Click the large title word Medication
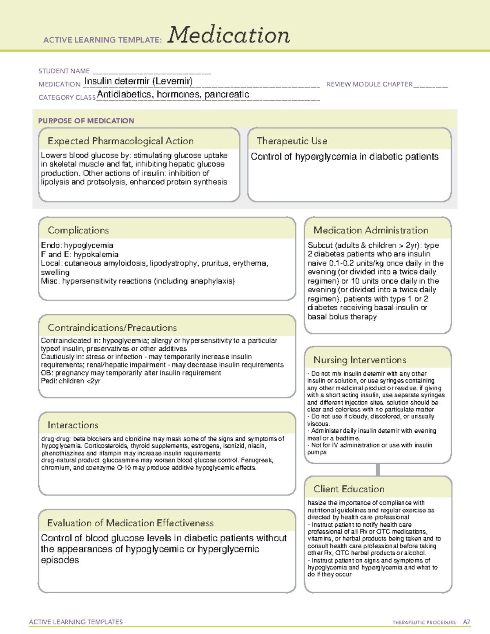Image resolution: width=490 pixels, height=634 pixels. pyautogui.click(x=229, y=35)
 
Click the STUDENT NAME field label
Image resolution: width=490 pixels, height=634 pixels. pyautogui.click(x=64, y=71)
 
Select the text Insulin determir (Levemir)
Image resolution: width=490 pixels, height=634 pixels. pyautogui.click(x=138, y=81)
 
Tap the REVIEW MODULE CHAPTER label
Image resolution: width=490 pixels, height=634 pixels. pyautogui.click(x=370, y=84)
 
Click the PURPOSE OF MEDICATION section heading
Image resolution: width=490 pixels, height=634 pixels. pyautogui.click(x=86, y=121)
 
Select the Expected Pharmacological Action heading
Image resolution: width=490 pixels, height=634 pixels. pyautogui.click(x=120, y=141)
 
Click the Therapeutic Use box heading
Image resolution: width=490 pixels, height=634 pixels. pyautogui.click(x=292, y=141)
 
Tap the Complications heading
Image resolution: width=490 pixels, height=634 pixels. pyautogui.click(x=78, y=231)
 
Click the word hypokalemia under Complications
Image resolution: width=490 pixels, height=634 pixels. pyautogui.click(x=96, y=254)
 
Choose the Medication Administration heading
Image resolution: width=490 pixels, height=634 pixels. pyautogui.click(x=371, y=231)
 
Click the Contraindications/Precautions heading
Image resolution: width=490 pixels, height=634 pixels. pyautogui.click(x=112, y=328)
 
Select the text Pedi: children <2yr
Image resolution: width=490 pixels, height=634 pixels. pyautogui.click(x=71, y=381)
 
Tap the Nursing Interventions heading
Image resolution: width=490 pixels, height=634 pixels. pyautogui.click(x=360, y=360)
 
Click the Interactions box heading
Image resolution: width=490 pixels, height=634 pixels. pyautogui.click(x=73, y=425)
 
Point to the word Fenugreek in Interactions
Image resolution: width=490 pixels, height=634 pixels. pyautogui.click(x=259, y=460)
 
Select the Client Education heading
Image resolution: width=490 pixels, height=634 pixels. pyautogui.click(x=349, y=489)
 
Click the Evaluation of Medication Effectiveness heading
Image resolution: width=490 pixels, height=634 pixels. pyautogui.click(x=130, y=523)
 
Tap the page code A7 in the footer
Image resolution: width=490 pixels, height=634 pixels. pyautogui.click(x=466, y=622)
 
